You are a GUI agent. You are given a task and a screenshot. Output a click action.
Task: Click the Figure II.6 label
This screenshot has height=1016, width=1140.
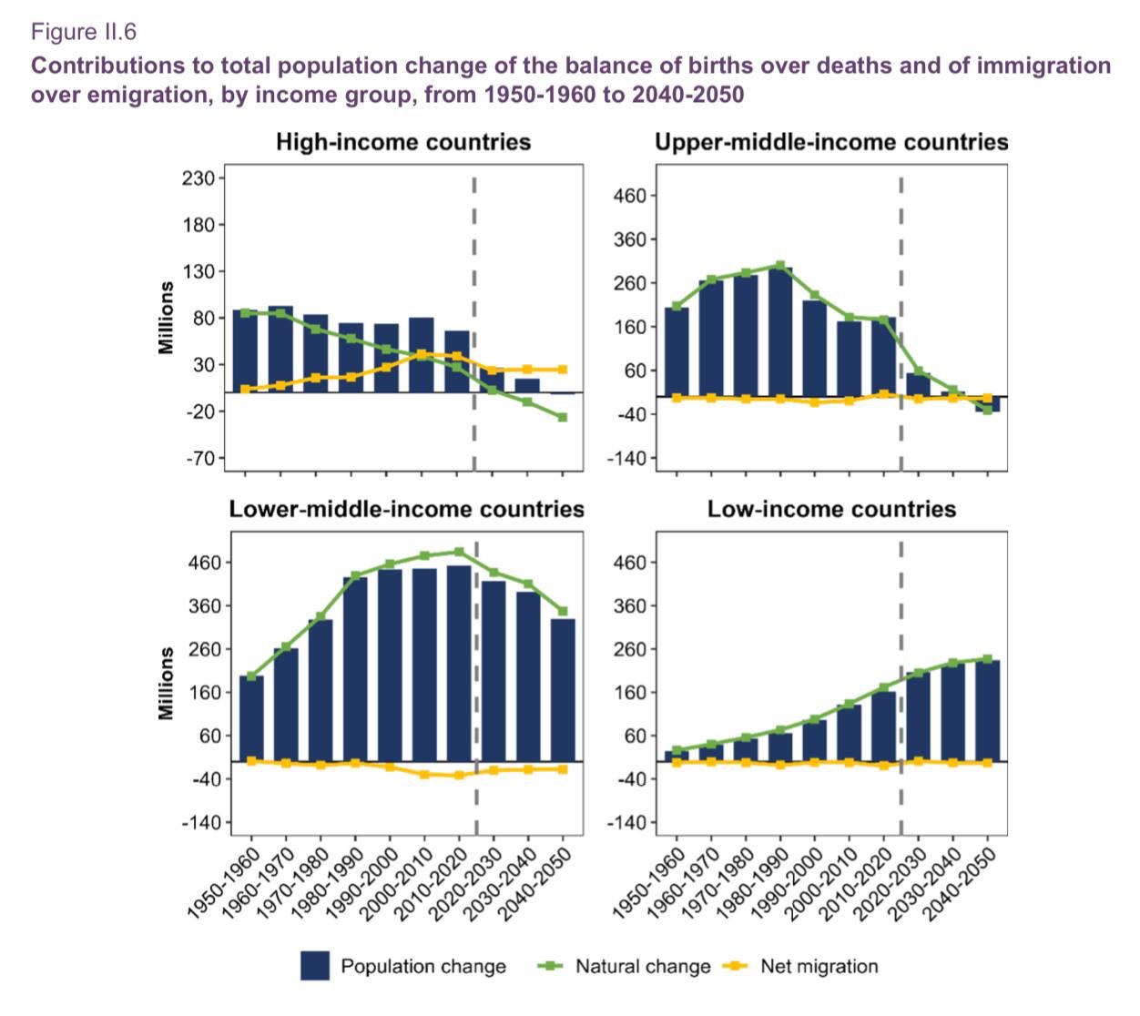83,32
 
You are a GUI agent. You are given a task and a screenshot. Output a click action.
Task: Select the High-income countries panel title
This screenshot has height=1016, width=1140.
402,142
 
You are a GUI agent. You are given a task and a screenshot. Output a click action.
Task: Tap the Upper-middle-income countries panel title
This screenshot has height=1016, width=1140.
831,142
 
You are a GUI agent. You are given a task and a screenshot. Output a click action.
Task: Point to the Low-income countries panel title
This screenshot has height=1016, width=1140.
831,509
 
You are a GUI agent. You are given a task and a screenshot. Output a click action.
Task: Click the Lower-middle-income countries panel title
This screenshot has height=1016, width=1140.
406,509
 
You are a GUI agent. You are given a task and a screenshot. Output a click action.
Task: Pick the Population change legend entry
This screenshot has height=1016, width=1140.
402,966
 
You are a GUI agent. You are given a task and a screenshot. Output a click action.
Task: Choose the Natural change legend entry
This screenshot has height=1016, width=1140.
624,966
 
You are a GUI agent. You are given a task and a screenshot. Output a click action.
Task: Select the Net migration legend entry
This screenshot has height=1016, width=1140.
799,966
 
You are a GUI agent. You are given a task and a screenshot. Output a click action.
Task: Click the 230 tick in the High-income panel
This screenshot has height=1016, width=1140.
198,178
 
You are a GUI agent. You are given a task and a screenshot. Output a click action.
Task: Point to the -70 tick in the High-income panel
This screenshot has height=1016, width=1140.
201,459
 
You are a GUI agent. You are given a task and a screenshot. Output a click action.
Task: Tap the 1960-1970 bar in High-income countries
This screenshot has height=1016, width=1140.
280,349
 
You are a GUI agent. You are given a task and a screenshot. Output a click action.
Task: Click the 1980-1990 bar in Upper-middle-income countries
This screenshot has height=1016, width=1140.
780,332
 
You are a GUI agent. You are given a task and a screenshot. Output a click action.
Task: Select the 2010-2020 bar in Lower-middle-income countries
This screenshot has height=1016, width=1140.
459,664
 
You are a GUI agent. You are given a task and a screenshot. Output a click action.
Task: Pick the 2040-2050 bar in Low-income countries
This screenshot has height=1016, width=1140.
987,710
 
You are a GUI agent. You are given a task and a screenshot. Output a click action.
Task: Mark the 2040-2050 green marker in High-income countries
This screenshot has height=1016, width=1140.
562,417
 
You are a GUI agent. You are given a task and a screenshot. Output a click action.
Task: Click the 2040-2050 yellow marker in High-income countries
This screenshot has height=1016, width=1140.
562,370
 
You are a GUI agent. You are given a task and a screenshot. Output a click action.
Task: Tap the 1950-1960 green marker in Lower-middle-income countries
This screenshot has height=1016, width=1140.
251,676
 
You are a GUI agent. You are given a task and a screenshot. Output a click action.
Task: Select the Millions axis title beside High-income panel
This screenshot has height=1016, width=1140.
166,318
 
